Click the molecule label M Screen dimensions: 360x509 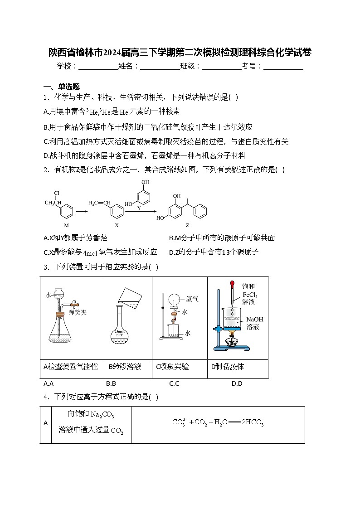click(x=67, y=225)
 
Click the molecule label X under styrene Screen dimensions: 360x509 click(x=117, y=225)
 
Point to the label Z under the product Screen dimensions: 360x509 click(x=187, y=225)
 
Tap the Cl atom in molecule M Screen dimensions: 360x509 click(x=57, y=194)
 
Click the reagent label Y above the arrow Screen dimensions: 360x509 click(x=139, y=208)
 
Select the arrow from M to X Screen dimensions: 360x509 click(x=82, y=211)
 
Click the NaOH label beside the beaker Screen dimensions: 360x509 click(x=255, y=319)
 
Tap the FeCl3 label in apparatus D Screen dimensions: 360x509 click(x=250, y=294)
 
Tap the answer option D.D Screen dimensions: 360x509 click(x=237, y=383)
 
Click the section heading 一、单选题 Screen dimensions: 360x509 click(x=62, y=87)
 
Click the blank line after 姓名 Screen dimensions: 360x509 click(x=160, y=67)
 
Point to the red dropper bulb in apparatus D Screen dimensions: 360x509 click(x=232, y=285)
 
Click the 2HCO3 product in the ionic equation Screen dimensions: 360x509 click(x=253, y=422)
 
